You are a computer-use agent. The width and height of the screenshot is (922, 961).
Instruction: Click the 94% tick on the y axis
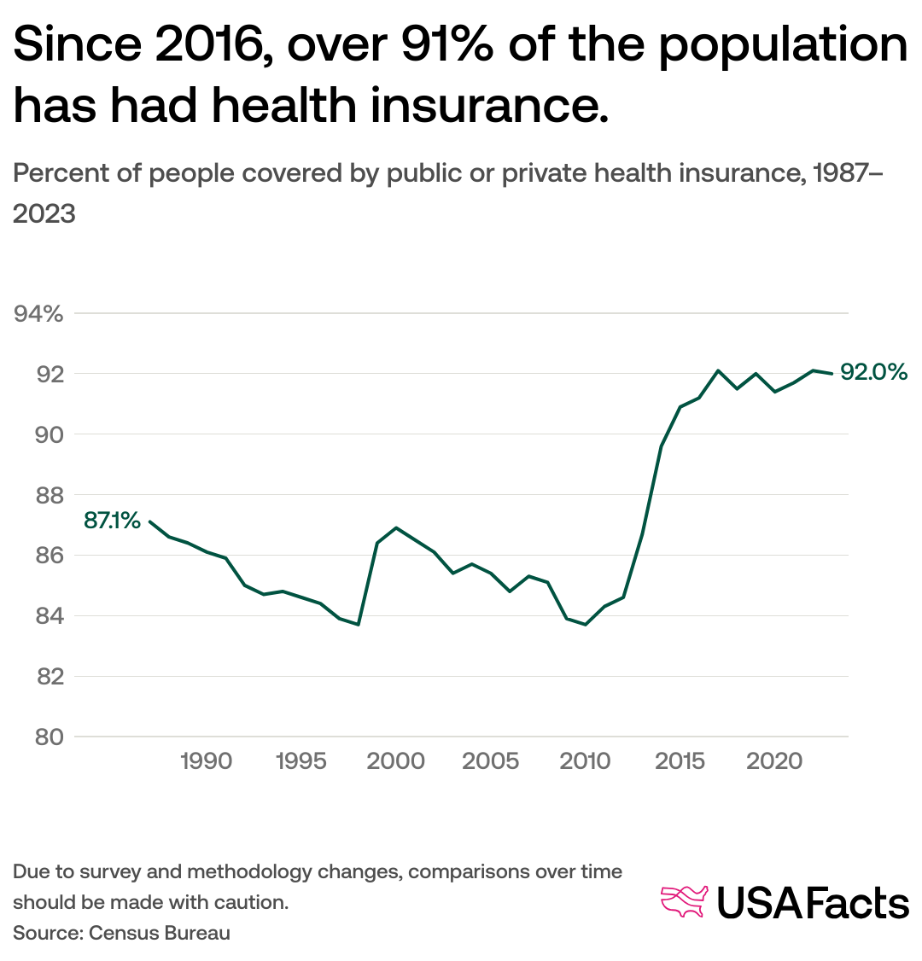click(x=40, y=314)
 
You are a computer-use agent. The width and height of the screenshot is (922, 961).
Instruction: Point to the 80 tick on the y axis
click(x=50, y=737)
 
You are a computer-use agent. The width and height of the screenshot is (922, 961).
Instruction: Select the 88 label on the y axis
click(x=50, y=495)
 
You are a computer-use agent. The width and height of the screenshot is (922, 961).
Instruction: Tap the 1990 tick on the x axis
click(x=207, y=760)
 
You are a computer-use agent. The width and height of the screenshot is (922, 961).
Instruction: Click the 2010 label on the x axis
click(x=585, y=760)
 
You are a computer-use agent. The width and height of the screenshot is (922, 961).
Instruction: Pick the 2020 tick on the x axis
click(x=774, y=760)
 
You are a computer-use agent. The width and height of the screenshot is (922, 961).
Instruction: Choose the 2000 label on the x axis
click(x=396, y=760)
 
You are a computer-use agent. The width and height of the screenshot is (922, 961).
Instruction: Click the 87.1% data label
click(x=112, y=520)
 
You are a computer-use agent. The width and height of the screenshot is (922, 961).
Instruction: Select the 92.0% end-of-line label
click(x=873, y=372)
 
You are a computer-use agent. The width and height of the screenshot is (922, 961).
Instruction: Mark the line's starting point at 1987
click(x=149, y=521)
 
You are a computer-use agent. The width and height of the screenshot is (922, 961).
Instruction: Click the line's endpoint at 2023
click(x=832, y=373)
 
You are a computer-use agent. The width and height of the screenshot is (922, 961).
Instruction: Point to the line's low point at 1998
click(x=358, y=624)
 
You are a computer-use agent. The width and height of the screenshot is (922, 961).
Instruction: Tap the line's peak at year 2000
click(x=396, y=527)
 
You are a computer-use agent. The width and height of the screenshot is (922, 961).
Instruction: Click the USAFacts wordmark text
click(x=812, y=903)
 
